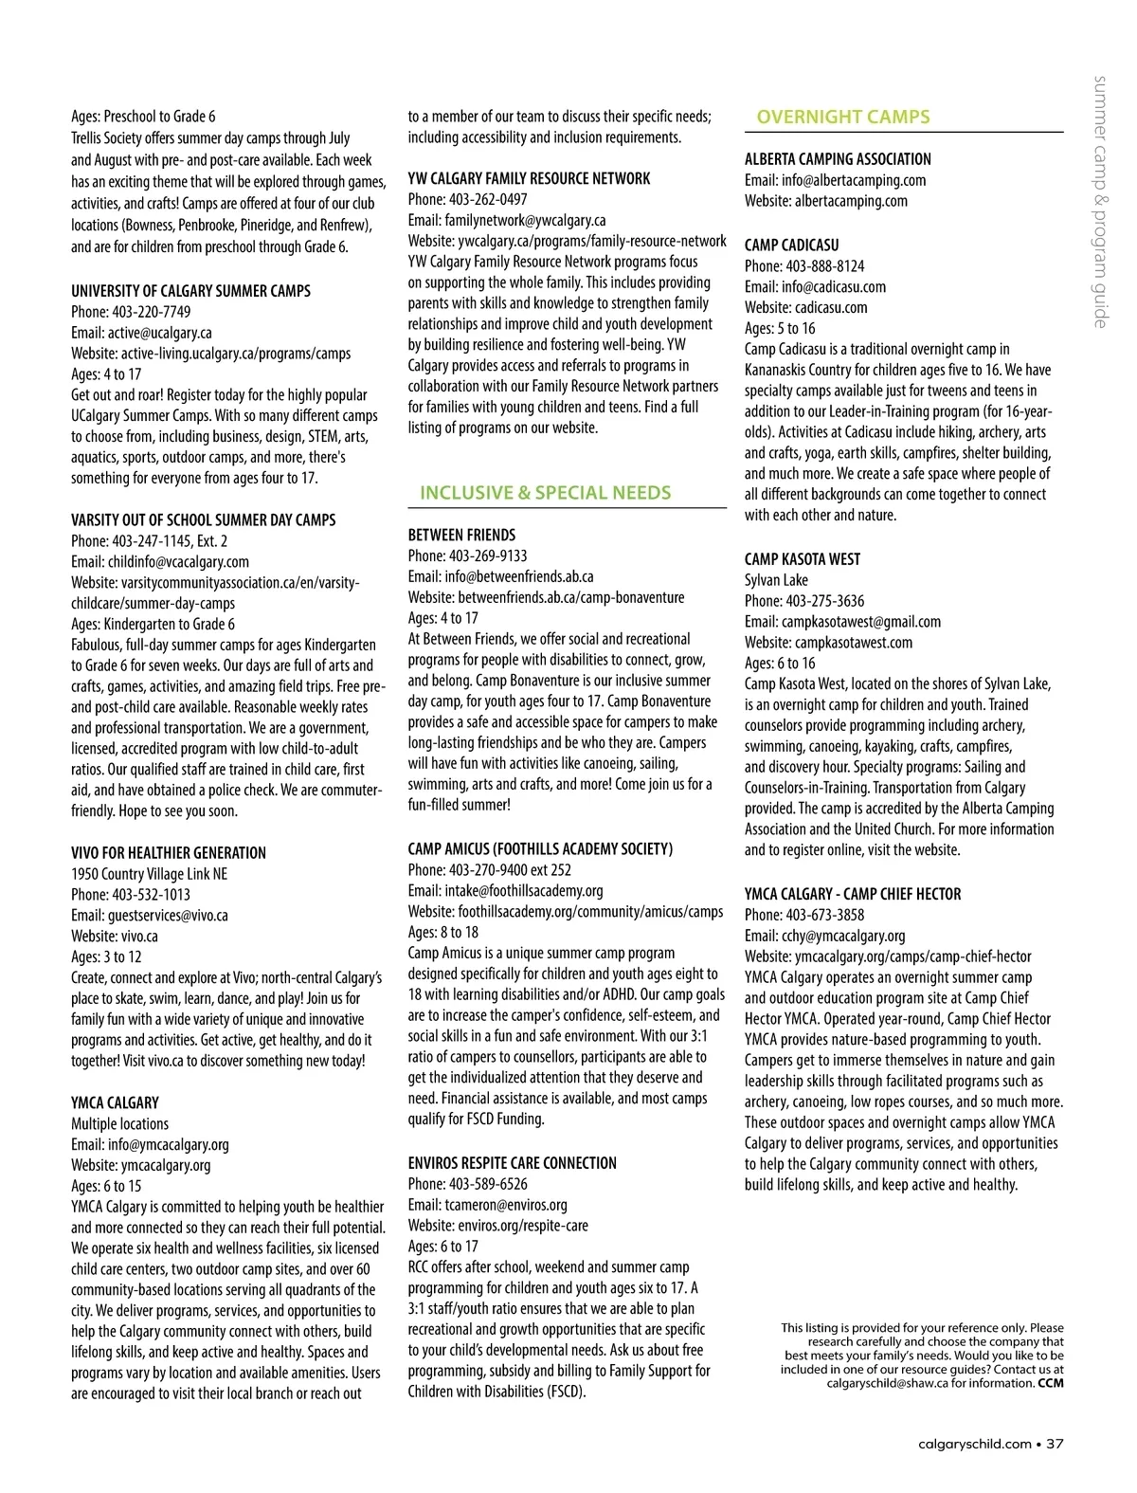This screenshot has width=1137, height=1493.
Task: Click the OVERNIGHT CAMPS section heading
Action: tap(842, 118)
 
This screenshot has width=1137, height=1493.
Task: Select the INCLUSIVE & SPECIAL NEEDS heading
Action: tap(545, 493)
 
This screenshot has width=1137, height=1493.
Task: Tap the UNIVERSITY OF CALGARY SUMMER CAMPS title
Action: tap(190, 291)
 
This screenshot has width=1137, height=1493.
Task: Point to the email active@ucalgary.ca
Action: tap(159, 333)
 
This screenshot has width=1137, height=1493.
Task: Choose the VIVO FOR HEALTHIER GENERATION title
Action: tap(169, 853)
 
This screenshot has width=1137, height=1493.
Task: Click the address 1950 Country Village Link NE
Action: tap(149, 874)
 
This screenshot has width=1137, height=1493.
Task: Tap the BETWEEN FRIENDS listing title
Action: tap(461, 535)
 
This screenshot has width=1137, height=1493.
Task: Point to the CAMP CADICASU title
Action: tap(791, 245)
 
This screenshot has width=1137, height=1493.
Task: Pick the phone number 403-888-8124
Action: tap(824, 266)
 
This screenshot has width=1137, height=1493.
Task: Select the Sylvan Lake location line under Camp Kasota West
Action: tap(776, 580)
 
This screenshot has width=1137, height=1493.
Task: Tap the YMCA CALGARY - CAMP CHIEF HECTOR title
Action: tap(852, 894)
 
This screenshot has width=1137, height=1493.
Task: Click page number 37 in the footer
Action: tap(1055, 1445)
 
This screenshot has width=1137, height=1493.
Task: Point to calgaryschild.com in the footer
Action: tap(975, 1445)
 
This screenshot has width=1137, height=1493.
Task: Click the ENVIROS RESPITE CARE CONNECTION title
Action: tap(512, 1163)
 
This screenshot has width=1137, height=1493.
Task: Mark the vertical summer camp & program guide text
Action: tap(1100, 201)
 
